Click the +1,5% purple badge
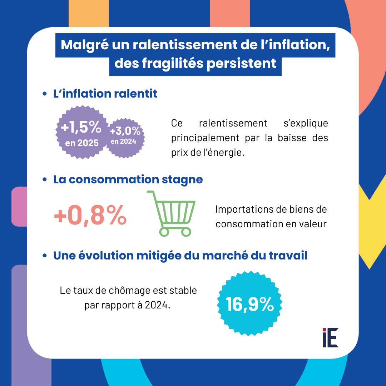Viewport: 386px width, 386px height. click(81, 132)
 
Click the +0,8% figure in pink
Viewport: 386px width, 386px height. click(90, 216)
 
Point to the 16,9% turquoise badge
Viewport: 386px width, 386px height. click(249, 304)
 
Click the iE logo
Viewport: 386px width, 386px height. click(330, 337)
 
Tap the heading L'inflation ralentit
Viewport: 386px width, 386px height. click(105, 94)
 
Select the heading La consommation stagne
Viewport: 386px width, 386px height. click(128, 179)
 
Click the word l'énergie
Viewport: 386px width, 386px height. click(225, 153)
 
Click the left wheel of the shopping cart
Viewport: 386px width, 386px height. click(163, 232)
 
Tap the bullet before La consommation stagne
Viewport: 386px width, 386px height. click(45, 179)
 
